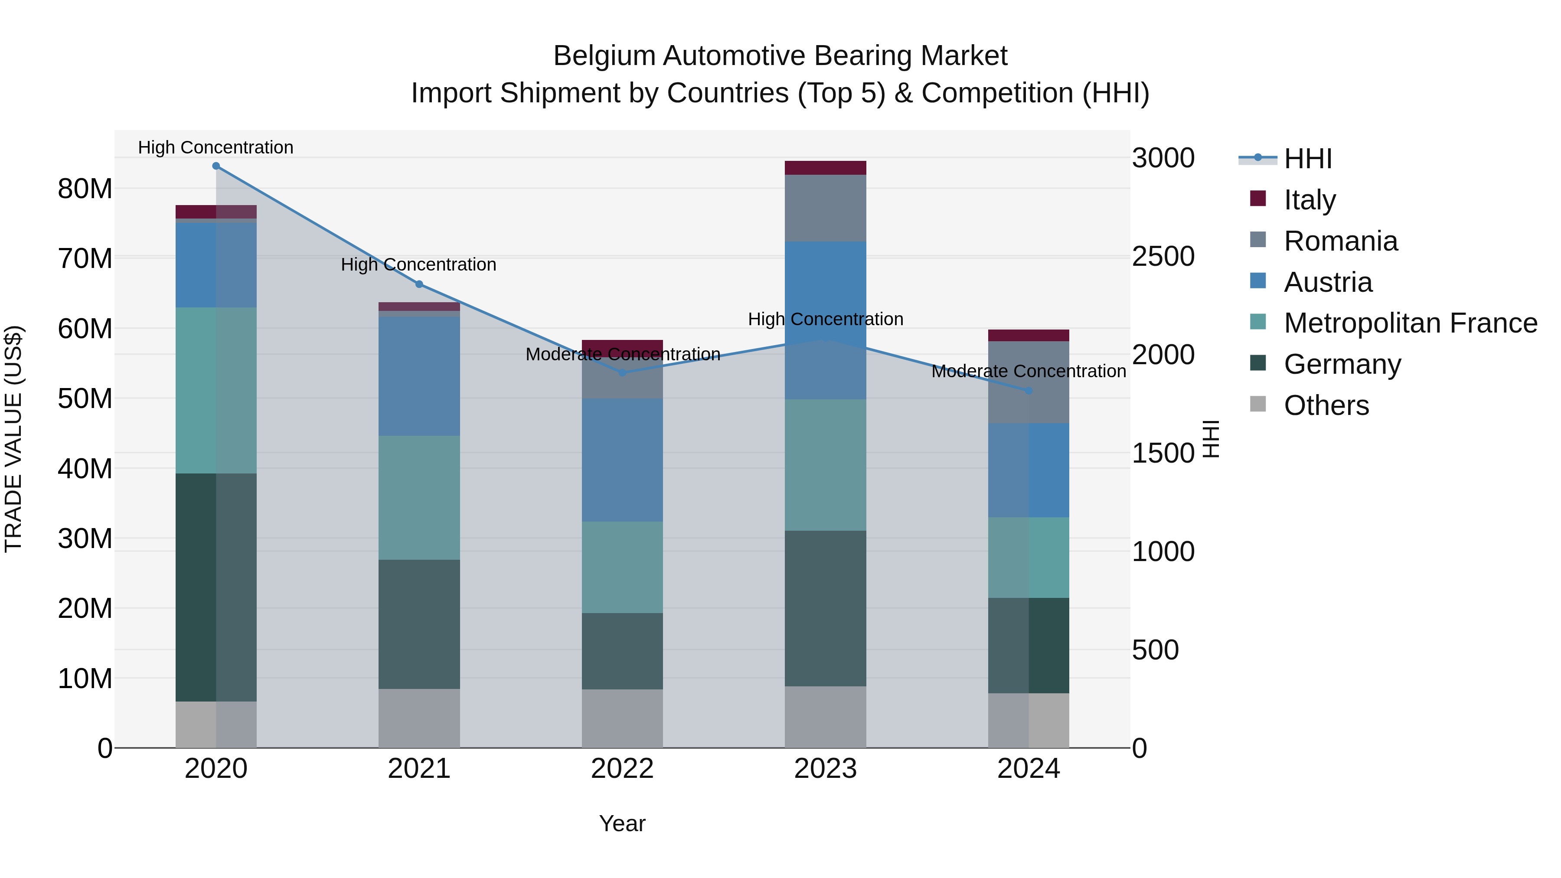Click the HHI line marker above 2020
(x=216, y=166)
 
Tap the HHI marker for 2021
(x=419, y=284)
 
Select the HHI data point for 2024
(x=1029, y=391)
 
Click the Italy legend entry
(x=1309, y=200)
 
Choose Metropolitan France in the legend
(x=1410, y=323)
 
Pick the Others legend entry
(x=1326, y=405)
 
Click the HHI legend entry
(x=1308, y=159)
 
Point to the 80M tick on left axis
(x=85, y=189)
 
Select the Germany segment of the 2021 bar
(x=419, y=624)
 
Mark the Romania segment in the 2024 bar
(x=1029, y=382)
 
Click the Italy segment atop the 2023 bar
(x=825, y=168)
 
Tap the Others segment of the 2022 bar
(x=622, y=718)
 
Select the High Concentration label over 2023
(x=825, y=319)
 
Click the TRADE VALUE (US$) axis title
(x=13, y=439)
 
